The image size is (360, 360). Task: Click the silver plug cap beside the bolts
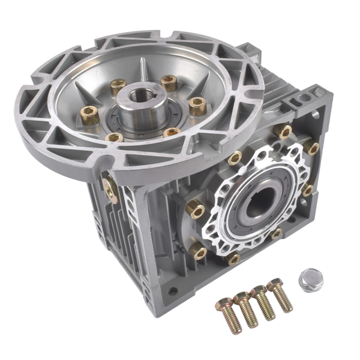(x=311, y=277)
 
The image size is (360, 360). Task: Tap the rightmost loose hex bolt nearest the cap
(x=280, y=295)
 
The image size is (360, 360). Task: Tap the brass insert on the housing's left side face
(x=111, y=187)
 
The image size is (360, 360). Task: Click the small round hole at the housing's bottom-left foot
(x=173, y=292)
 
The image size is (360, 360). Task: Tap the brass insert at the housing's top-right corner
(x=311, y=148)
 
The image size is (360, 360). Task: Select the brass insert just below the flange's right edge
(x=235, y=158)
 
